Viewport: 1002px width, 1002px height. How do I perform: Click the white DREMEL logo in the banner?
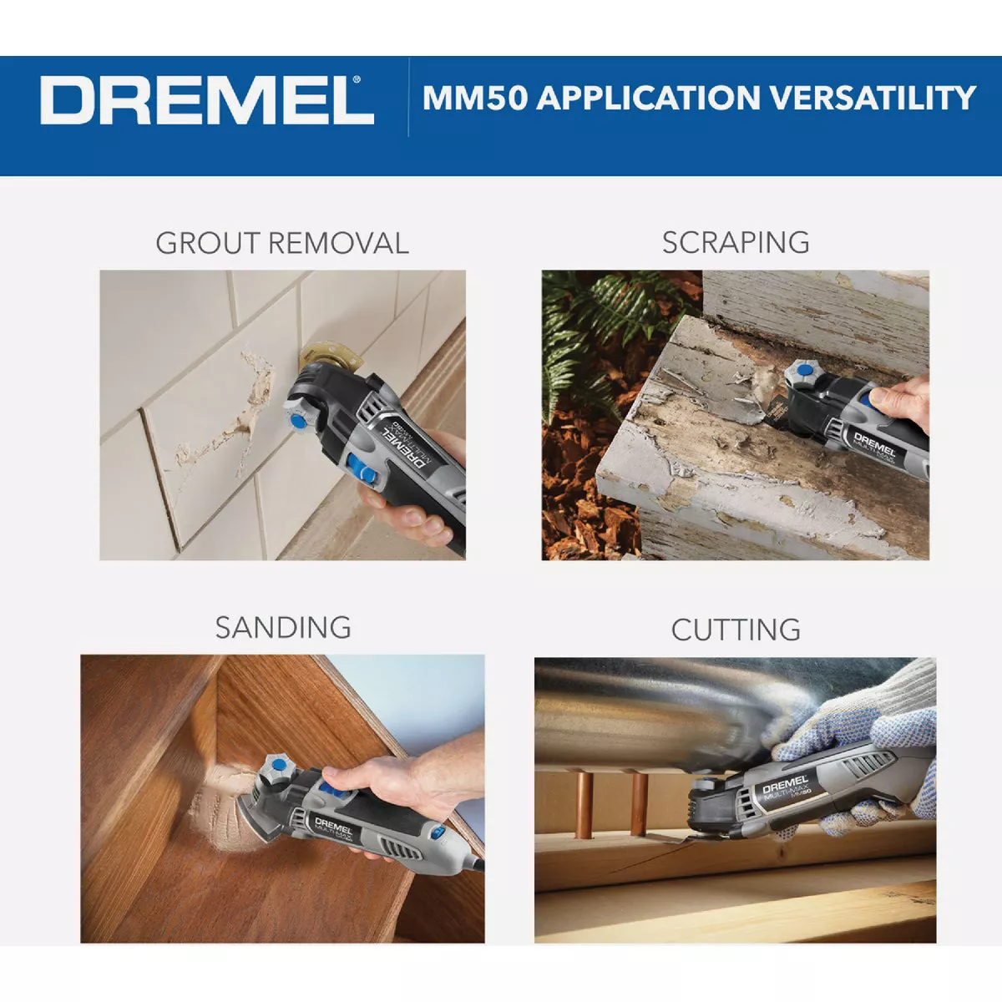coord(206,100)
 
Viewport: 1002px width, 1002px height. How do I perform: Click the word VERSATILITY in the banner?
coord(872,98)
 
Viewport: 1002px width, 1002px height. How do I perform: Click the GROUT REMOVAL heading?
coord(282,243)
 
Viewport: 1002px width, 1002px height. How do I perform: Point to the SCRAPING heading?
coord(736,242)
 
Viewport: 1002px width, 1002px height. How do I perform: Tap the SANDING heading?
coord(283,627)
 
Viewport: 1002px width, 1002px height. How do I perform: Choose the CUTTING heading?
coord(736,630)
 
